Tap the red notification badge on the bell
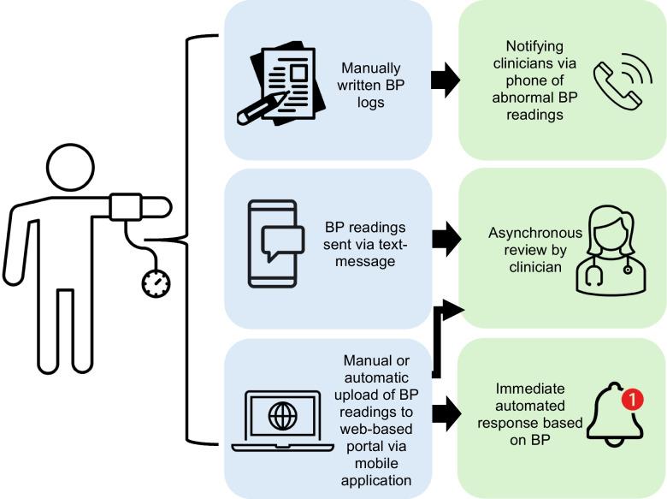pyautogui.click(x=632, y=399)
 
